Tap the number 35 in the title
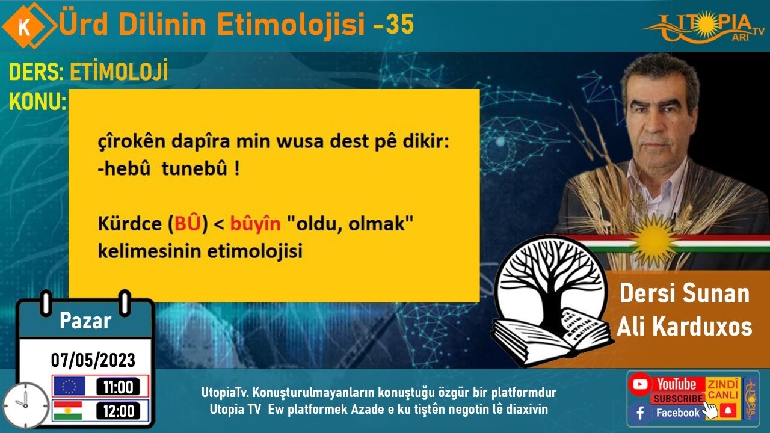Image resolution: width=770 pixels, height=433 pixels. [x=400, y=25]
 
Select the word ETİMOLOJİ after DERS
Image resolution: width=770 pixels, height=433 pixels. [x=119, y=73]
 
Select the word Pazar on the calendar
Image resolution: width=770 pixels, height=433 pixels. [x=85, y=321]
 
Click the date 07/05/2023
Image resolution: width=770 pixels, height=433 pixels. [x=93, y=360]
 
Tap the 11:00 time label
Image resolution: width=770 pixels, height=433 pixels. [x=118, y=387]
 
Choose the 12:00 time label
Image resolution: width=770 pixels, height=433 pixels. [x=118, y=411]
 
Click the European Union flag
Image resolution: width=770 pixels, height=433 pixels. [x=69, y=386]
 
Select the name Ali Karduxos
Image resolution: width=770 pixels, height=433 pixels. [x=685, y=327]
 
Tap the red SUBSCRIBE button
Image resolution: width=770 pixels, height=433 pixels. [x=677, y=398]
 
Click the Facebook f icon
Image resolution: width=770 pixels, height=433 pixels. [x=641, y=413]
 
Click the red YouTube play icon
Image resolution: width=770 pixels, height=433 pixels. [x=641, y=384]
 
